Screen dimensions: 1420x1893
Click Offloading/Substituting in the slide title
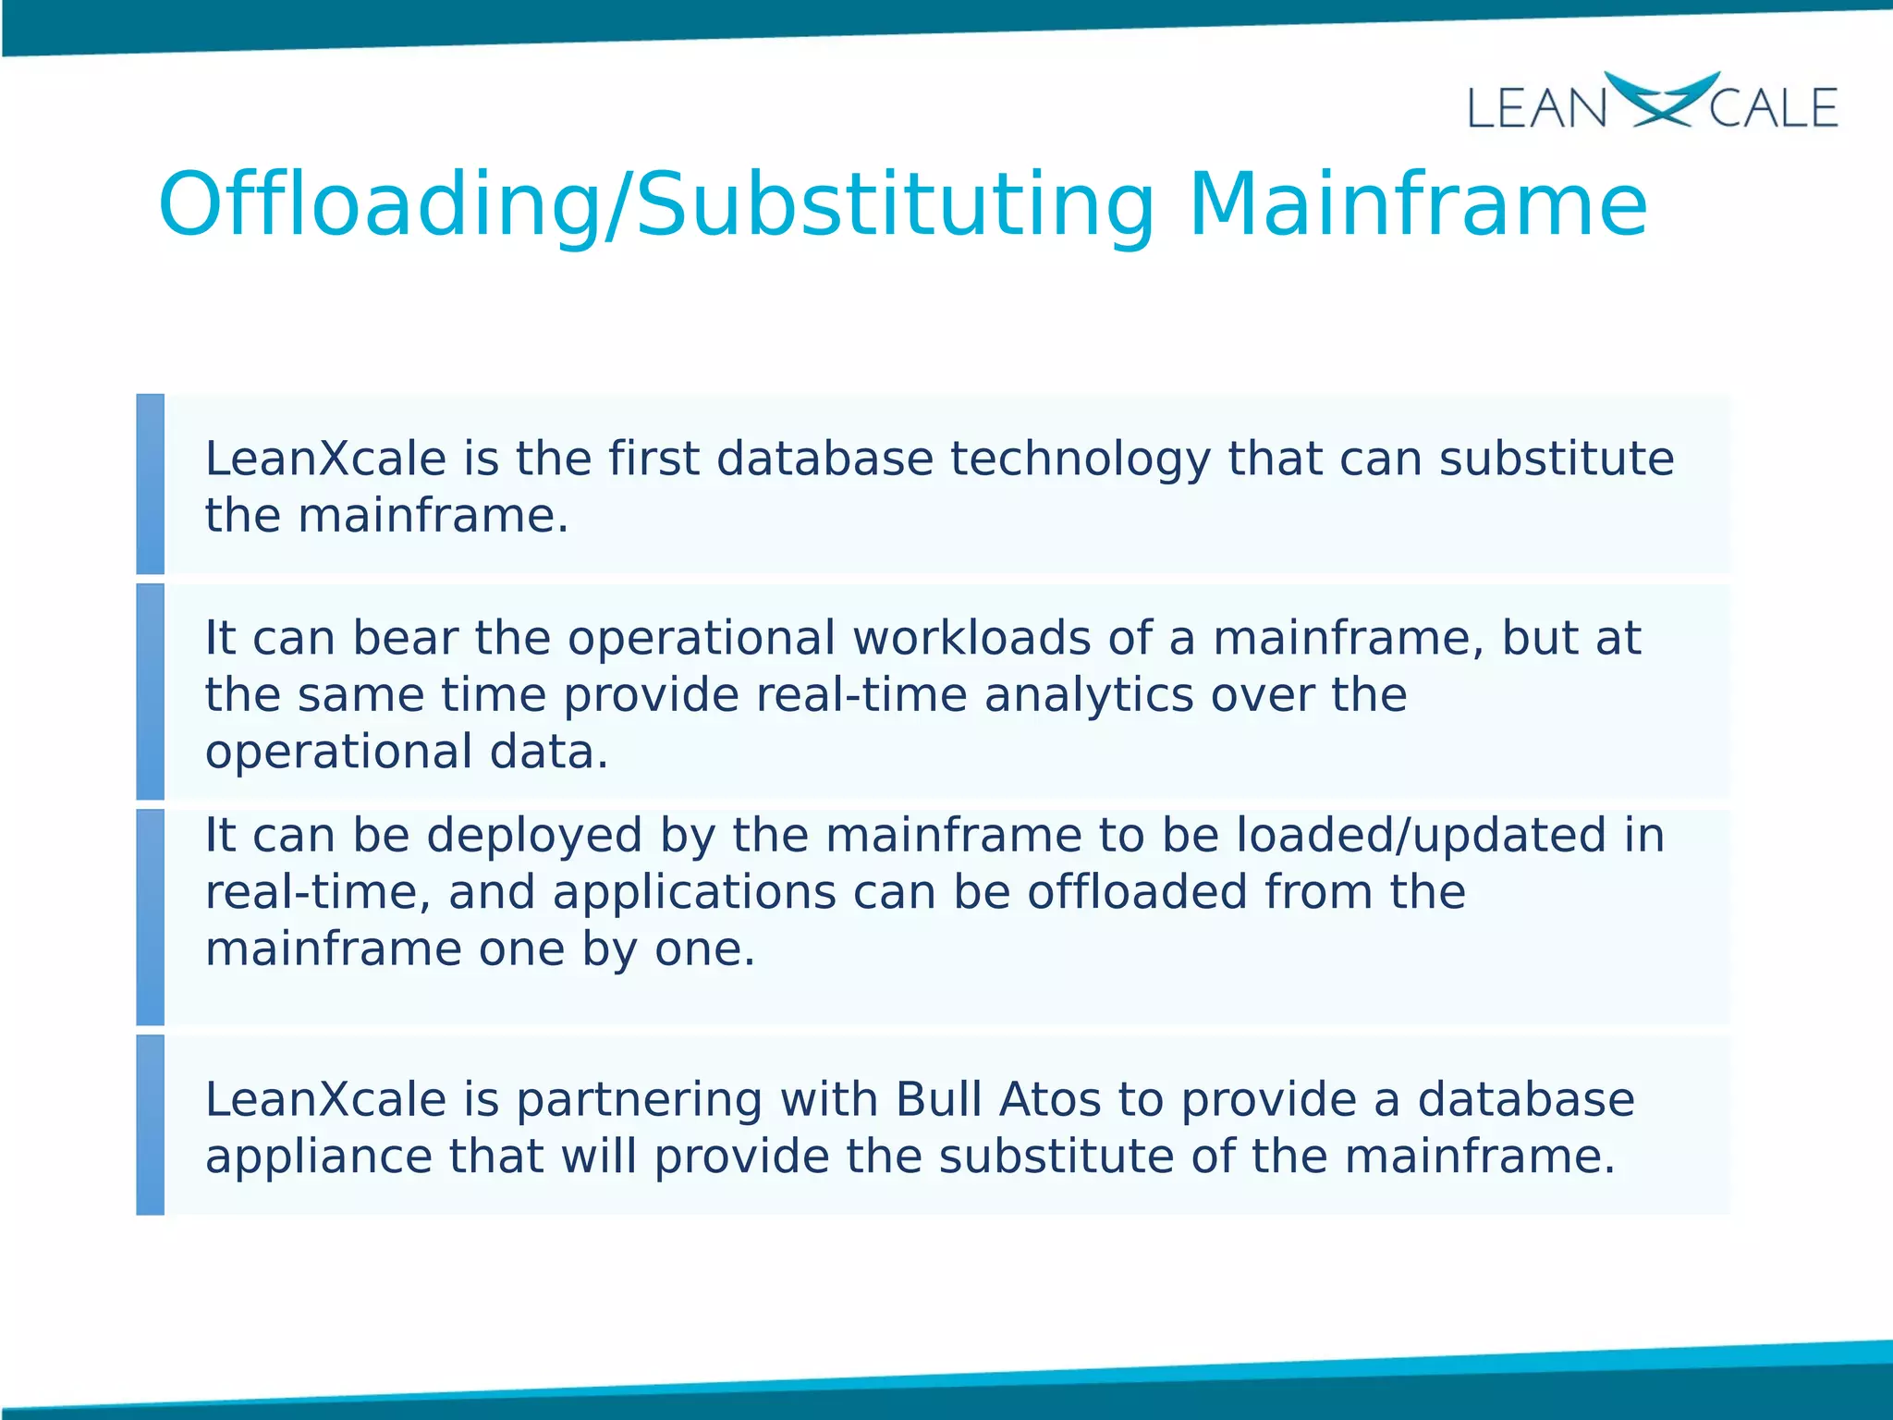point(655,206)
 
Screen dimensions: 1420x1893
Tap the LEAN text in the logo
point(1537,108)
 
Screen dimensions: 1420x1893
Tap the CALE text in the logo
point(1773,108)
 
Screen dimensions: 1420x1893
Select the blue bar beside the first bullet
point(150,484)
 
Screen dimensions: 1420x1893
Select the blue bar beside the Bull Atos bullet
point(150,1124)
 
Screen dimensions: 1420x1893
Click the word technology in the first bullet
point(1080,460)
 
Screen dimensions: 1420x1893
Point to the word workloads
point(971,638)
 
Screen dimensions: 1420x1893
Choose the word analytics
point(1089,695)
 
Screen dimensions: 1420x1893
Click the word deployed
point(534,837)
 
